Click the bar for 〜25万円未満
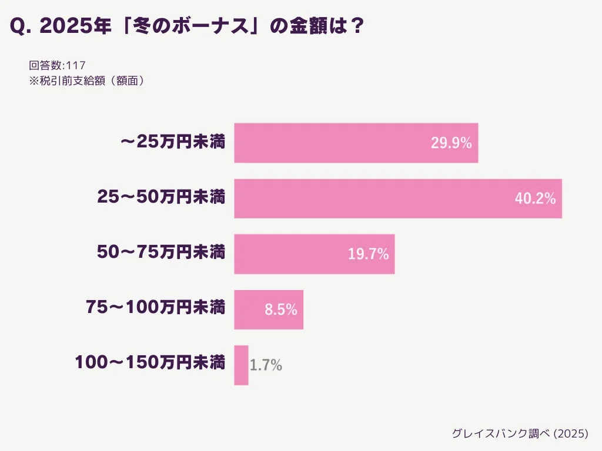[x=356, y=143]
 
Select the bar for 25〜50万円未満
[x=398, y=198]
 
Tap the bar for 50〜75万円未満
[x=314, y=254]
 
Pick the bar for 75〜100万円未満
[x=269, y=309]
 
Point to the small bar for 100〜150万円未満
[x=241, y=365]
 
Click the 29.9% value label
[x=451, y=143]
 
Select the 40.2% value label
[x=535, y=199]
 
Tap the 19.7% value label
[x=368, y=254]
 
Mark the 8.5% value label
[x=280, y=310]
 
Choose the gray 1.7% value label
[x=266, y=366]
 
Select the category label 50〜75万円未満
[x=161, y=253]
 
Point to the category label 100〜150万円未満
[x=150, y=362]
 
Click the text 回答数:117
[x=58, y=65]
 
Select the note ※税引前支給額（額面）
[x=86, y=81]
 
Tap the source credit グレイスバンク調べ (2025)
[x=519, y=433]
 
